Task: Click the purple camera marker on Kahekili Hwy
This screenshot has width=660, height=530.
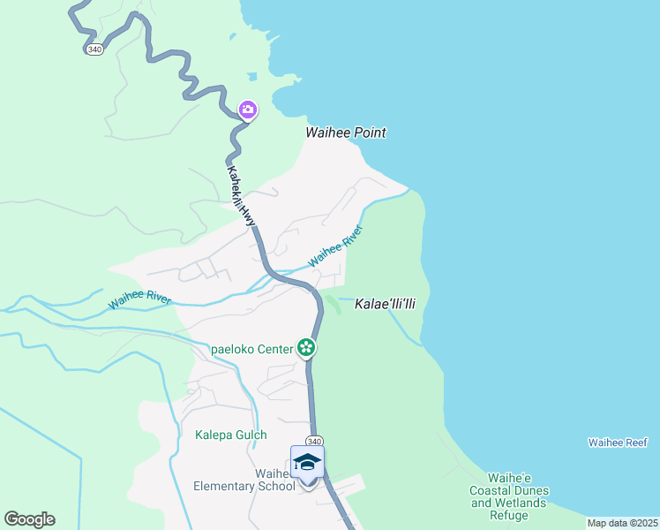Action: coord(248,110)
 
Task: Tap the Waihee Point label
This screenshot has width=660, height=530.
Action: coord(346,132)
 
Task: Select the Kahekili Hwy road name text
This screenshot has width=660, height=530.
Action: coord(241,199)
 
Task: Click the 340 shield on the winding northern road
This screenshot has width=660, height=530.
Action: coord(94,49)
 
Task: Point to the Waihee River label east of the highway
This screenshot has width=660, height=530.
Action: coord(335,246)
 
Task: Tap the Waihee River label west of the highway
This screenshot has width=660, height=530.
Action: coord(139,299)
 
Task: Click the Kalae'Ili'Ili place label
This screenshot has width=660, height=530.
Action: coord(385,304)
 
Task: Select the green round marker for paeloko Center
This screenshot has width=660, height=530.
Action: coord(306,348)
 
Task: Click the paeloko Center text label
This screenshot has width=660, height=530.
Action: coord(251,349)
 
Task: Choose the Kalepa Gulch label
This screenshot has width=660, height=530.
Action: coord(230,435)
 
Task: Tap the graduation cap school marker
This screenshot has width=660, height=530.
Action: coord(307,463)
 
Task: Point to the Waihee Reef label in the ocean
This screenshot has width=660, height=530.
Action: coord(618,442)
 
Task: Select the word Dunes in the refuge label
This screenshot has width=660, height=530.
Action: coord(532,490)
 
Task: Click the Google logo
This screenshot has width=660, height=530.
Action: coord(29,519)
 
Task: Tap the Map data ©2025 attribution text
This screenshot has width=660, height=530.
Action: coord(621,523)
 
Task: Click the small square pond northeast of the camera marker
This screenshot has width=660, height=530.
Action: coord(252,75)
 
